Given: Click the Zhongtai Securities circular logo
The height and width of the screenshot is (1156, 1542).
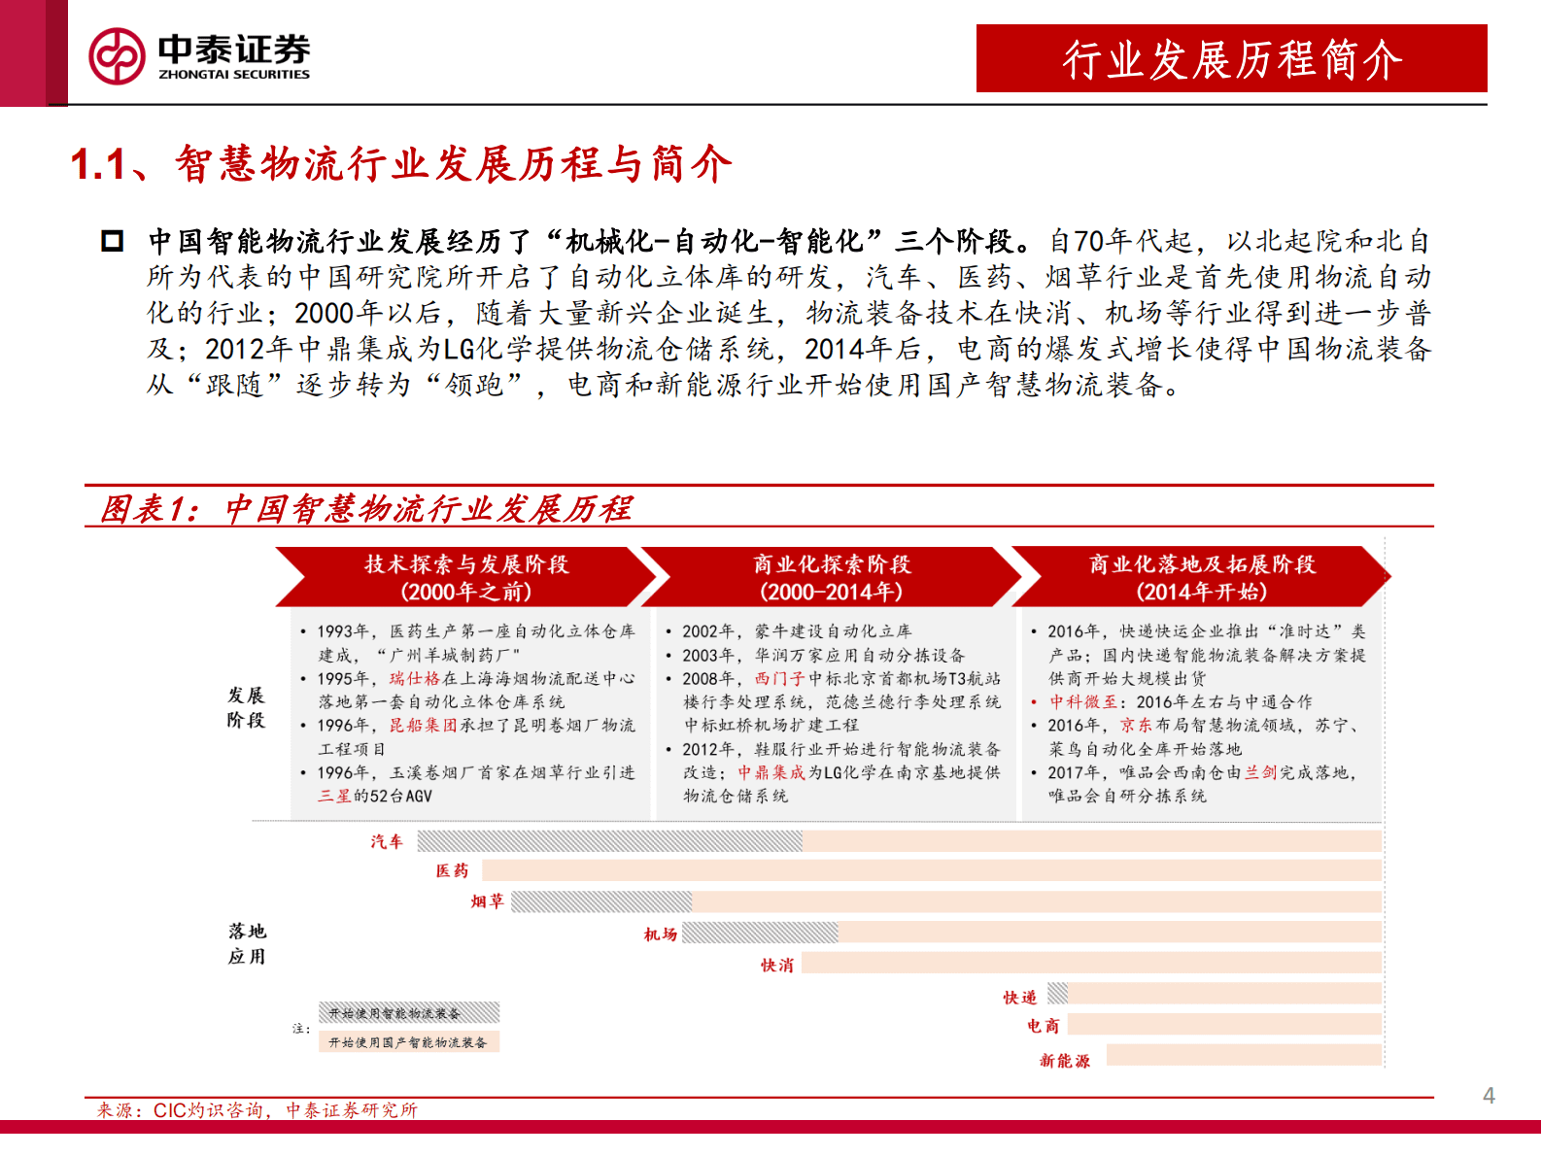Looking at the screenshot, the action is pos(117,56).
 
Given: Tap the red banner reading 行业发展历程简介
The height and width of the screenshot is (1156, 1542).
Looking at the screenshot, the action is pos(1231,59).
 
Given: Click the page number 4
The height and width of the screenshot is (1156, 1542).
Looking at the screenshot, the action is pos(1489,1096).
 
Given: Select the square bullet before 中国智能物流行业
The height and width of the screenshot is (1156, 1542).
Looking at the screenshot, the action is pos(113,241).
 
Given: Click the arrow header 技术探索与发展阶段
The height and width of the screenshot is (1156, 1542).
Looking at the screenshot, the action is pos(466,577).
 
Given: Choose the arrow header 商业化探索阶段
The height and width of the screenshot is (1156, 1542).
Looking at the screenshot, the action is pos(832,577).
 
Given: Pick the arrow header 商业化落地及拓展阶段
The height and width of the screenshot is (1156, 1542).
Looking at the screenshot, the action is pos(1202,577).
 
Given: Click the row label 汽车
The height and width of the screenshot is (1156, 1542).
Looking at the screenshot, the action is pos(387,841).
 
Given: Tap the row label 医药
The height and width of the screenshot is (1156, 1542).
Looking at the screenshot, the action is pos(452,870).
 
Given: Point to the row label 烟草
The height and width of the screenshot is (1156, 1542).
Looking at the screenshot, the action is pos(488,901).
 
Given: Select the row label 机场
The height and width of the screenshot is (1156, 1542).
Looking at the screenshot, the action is pos(661,935).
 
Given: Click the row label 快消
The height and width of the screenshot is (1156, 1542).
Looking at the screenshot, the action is pos(777,965).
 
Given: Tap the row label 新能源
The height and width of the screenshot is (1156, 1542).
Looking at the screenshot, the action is pos(1065,1061).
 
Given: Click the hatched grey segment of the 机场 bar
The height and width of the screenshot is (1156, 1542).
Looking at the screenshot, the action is pos(760,934).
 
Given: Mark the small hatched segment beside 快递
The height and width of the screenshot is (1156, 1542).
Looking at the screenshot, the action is pos(1058,993).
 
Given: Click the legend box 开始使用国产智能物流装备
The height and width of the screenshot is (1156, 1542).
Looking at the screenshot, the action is pos(408,1042).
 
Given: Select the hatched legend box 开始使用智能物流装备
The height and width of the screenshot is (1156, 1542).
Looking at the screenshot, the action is pos(408,1013).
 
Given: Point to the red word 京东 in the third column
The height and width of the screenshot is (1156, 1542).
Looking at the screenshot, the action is pos(1136,725).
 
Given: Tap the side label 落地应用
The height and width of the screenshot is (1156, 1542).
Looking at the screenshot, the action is pos(247,943).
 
